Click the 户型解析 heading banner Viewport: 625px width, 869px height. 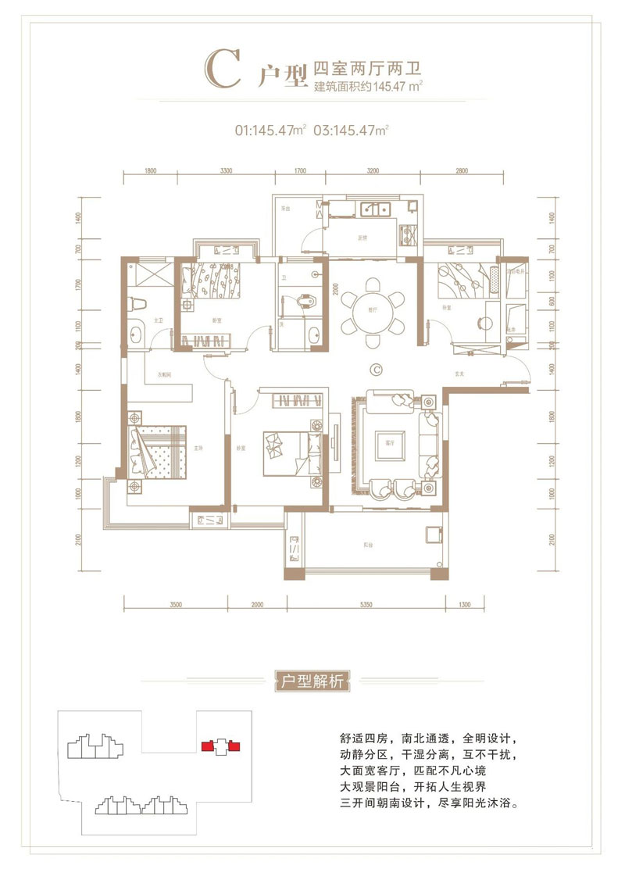click(312, 680)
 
